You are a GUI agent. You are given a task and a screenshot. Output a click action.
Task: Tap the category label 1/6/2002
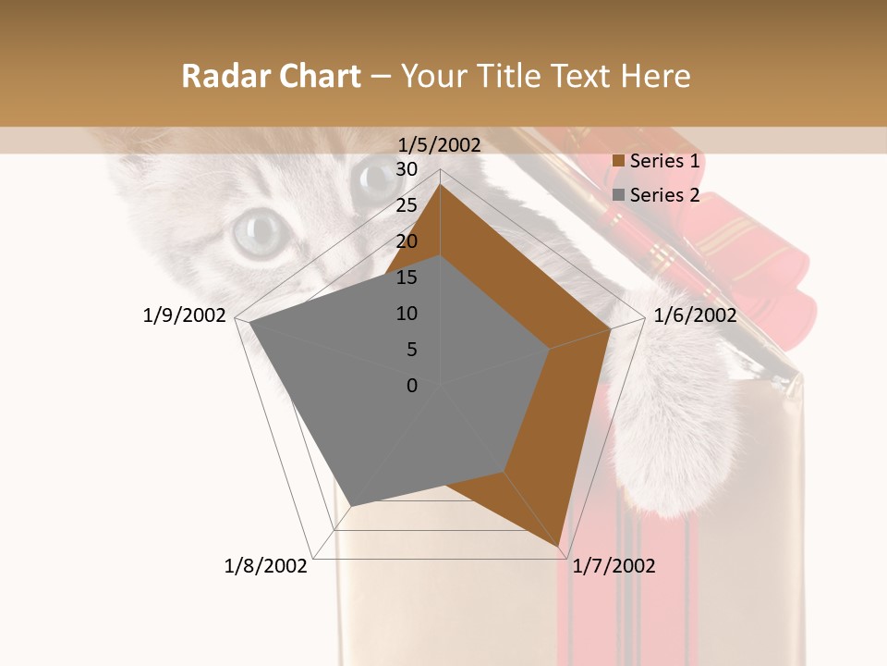(695, 315)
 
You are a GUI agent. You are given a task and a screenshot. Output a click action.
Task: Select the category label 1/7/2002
(614, 566)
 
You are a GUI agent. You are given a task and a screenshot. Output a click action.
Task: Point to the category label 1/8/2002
(266, 566)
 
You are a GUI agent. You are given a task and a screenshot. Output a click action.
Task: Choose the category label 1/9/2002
(185, 315)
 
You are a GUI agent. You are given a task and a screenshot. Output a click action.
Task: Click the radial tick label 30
(407, 169)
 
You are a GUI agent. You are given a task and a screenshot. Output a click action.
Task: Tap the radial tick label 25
(407, 205)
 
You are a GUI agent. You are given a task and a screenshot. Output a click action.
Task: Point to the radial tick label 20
(407, 241)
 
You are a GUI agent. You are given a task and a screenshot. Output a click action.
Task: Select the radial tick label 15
(407, 277)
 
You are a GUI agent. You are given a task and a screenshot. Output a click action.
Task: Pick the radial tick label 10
(407, 314)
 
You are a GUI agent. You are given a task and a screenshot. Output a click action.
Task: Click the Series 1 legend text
(664, 161)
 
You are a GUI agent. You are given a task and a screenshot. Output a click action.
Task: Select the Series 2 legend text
(664, 195)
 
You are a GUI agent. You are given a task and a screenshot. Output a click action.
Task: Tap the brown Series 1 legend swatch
(619, 161)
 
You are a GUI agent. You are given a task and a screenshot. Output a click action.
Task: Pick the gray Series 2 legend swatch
(619, 195)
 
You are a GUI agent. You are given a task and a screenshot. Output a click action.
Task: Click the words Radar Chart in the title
(271, 76)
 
